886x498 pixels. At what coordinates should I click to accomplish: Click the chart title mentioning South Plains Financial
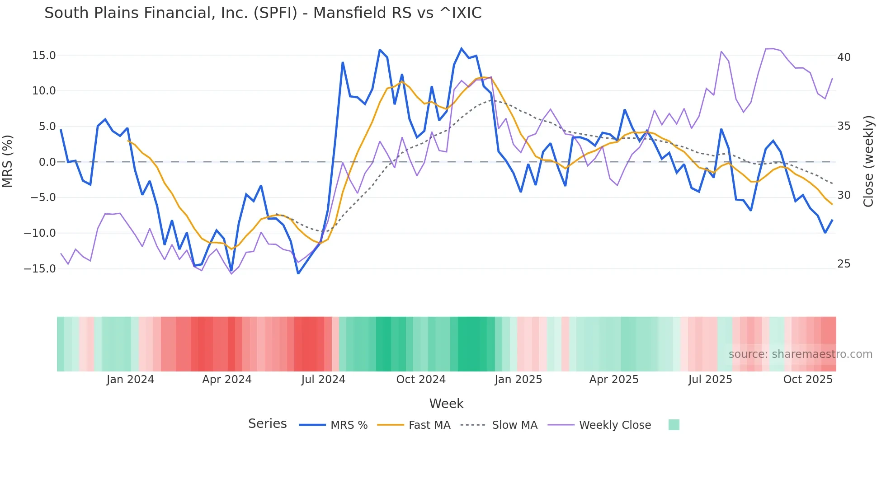coord(263,13)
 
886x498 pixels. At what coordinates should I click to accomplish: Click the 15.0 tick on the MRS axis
coord(44,56)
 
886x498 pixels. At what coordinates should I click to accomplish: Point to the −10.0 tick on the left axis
coord(40,233)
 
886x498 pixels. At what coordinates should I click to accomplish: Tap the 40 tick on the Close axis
coord(844,57)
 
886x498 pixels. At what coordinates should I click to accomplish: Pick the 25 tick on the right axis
coord(844,264)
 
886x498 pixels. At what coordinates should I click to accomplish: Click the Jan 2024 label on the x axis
coord(130,380)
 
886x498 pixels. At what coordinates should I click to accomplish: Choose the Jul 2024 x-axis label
coord(323,380)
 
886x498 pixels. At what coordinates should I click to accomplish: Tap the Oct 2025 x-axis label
coord(808,380)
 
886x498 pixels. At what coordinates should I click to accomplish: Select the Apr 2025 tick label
coord(613,380)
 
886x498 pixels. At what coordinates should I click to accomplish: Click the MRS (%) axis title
coord(8,161)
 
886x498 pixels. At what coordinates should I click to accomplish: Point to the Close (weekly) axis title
coord(868,161)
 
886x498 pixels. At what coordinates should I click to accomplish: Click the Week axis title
coord(446,404)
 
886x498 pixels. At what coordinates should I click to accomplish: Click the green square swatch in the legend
coord(674,425)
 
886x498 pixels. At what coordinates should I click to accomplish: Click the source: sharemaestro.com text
coord(800,354)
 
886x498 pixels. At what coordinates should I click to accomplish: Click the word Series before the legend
coord(267,424)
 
